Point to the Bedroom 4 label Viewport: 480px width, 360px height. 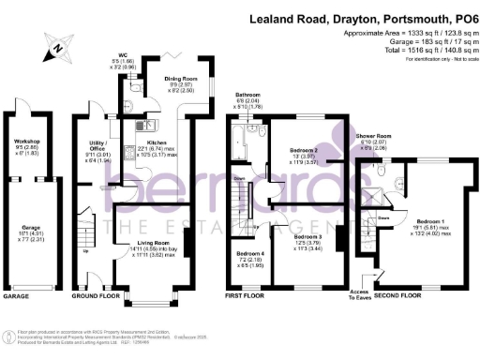point(249,254)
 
